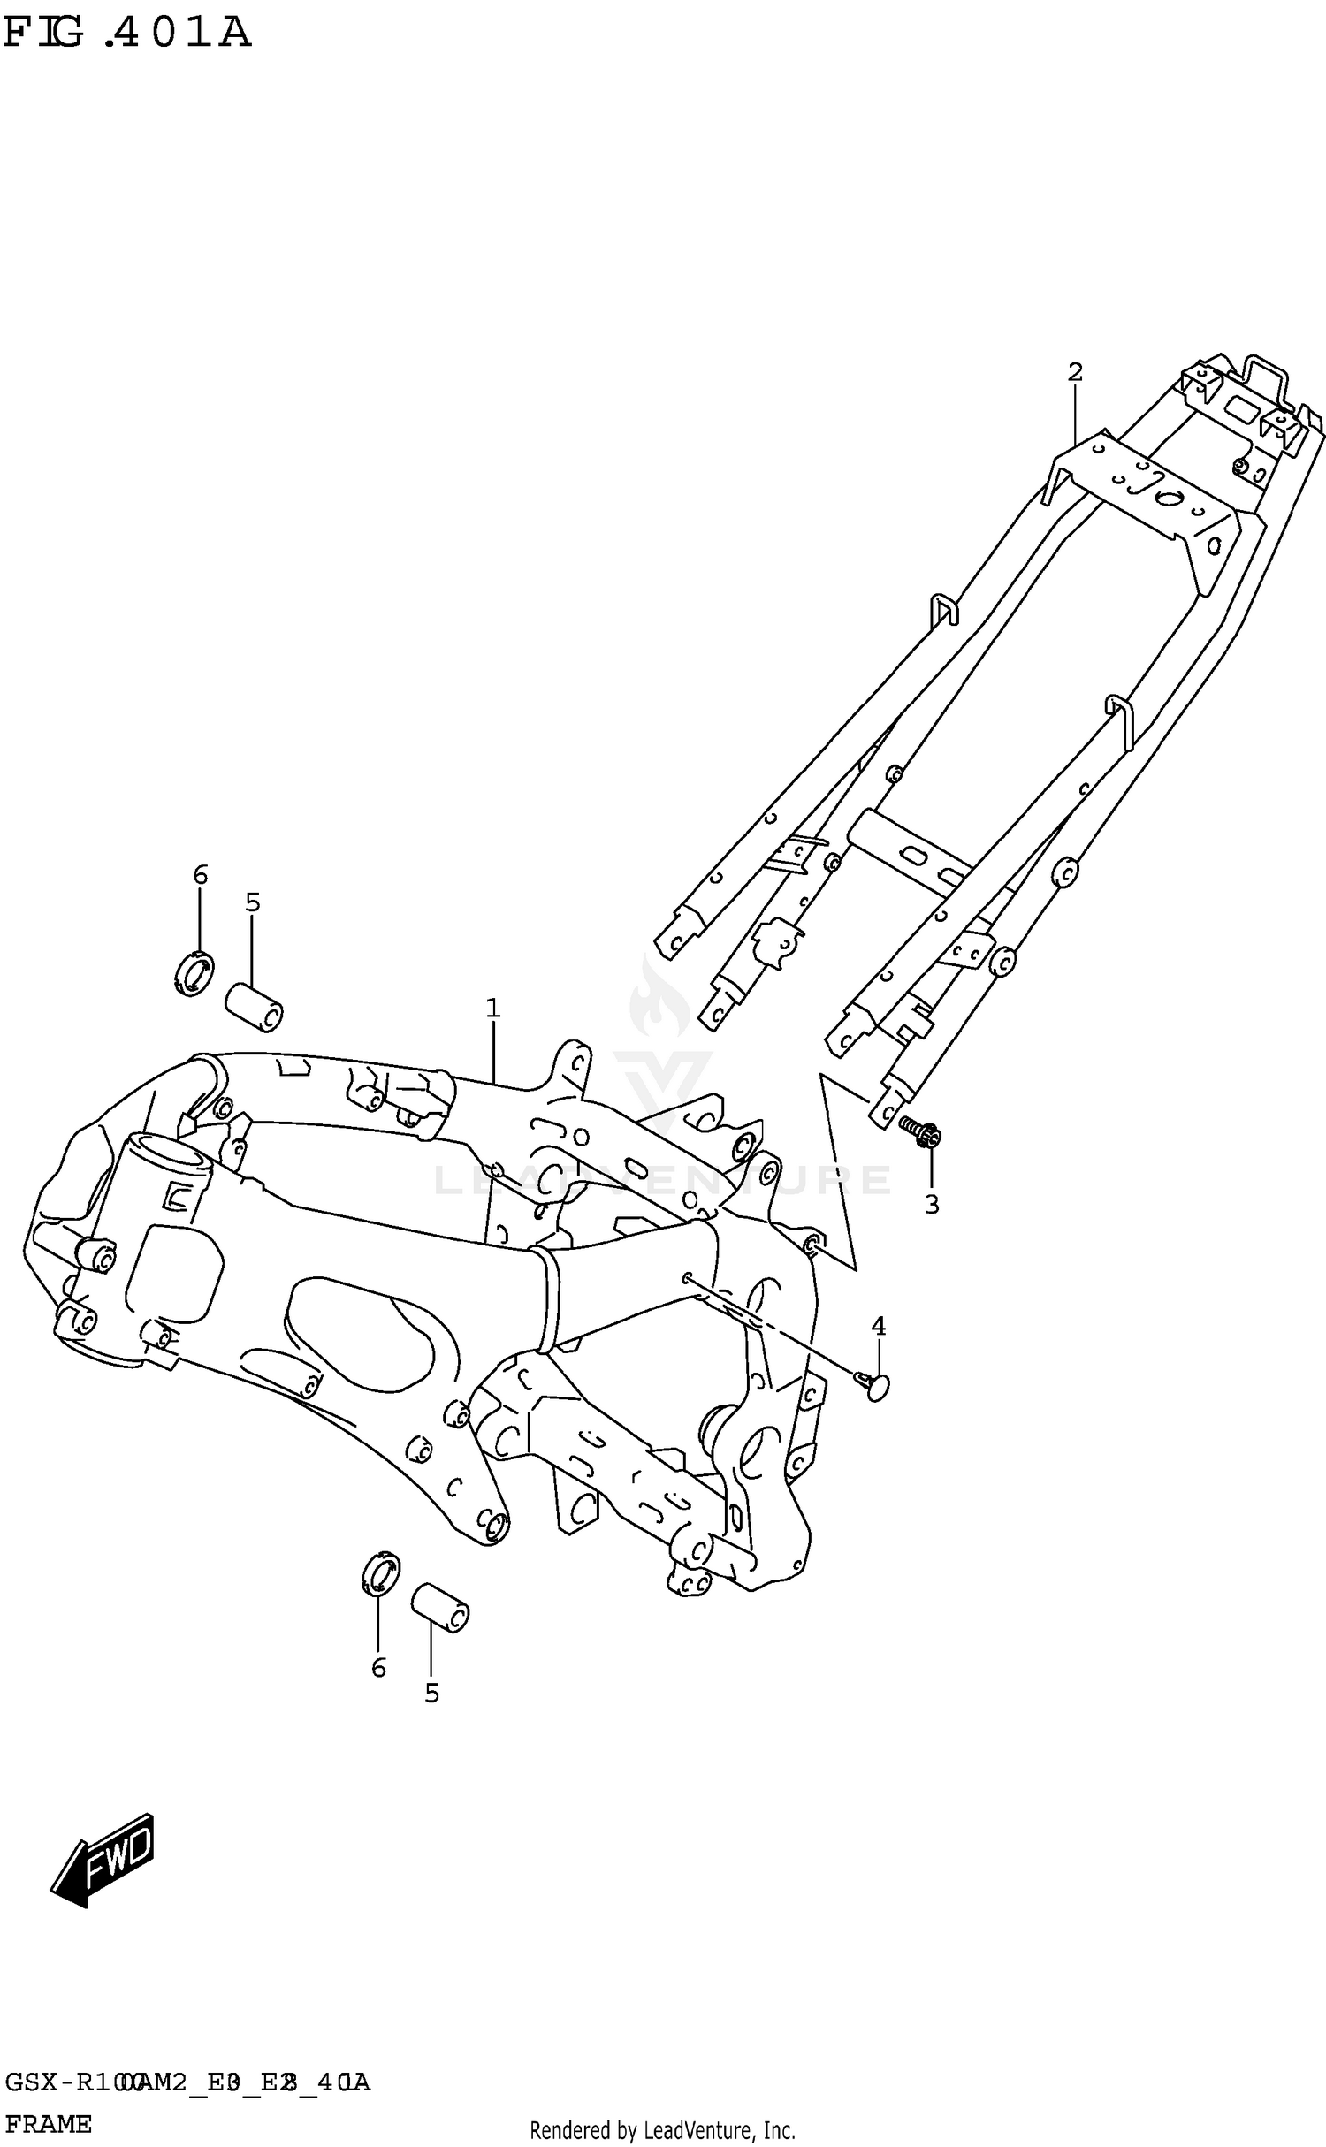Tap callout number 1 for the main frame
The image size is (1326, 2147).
(492, 1008)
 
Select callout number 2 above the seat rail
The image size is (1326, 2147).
(1075, 372)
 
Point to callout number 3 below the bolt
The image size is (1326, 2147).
(932, 1204)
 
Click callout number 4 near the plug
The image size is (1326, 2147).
(878, 1325)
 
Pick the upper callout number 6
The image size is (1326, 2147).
(200, 875)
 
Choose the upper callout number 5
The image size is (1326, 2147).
(253, 902)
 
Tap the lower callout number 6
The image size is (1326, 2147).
(378, 1667)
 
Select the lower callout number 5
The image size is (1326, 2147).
(431, 1693)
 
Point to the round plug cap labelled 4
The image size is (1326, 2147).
(876, 1387)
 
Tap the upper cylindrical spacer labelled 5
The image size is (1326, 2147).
(255, 1007)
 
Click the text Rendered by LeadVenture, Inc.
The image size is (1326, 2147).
(662, 2130)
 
